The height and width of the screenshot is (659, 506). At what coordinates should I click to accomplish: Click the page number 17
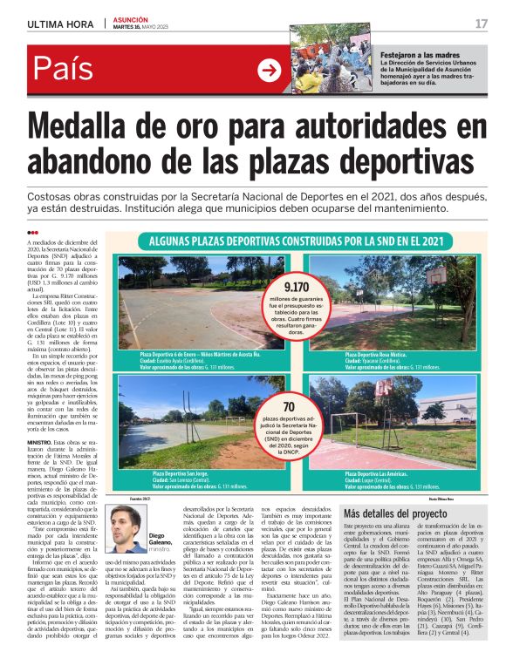[481, 24]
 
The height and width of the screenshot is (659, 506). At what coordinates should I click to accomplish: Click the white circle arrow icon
[270, 71]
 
